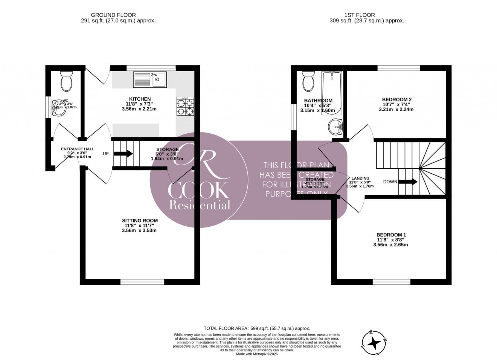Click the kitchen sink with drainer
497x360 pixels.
150,79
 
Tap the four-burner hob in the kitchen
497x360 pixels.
185,107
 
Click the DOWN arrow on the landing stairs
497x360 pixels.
407,182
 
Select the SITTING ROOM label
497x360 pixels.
140,221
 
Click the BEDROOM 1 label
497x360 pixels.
392,235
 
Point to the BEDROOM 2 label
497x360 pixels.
394,100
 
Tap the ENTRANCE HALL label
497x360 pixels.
78,149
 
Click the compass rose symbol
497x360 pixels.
374,343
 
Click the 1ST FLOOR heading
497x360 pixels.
359,15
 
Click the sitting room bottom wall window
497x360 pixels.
142,282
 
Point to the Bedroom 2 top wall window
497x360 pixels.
399,68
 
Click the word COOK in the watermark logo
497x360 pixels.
198,191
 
